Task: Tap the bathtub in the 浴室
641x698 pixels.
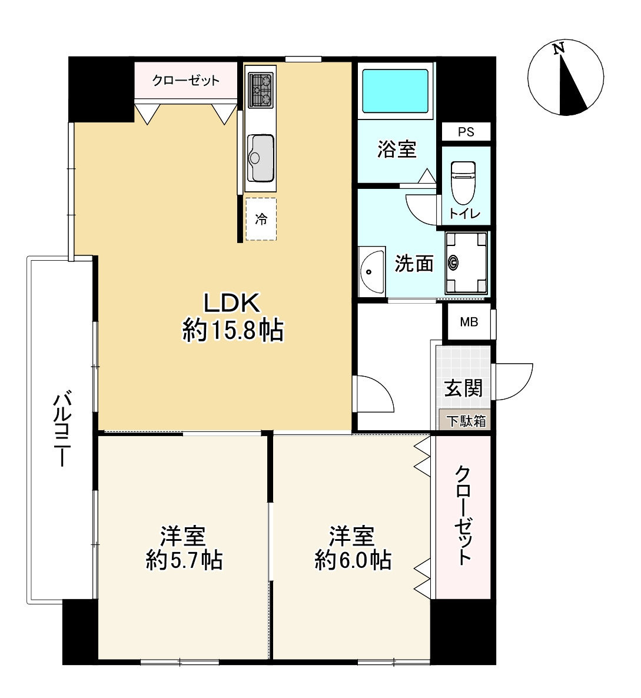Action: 395,91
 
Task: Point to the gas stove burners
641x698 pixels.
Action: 261,91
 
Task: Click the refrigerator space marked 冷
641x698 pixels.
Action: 261,219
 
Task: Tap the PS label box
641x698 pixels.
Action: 466,132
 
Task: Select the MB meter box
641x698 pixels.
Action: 469,321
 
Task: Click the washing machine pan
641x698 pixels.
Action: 467,262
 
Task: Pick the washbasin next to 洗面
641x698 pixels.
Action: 371,271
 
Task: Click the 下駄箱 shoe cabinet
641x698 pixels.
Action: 465,420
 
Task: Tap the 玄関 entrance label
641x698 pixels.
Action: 463,388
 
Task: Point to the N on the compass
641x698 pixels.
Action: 559,48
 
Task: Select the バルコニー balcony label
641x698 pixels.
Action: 61,428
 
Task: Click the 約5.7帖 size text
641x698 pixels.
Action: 184,560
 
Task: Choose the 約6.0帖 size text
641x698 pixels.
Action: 353,560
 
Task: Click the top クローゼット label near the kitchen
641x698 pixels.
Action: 185,81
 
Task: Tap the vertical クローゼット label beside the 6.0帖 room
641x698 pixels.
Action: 463,515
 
